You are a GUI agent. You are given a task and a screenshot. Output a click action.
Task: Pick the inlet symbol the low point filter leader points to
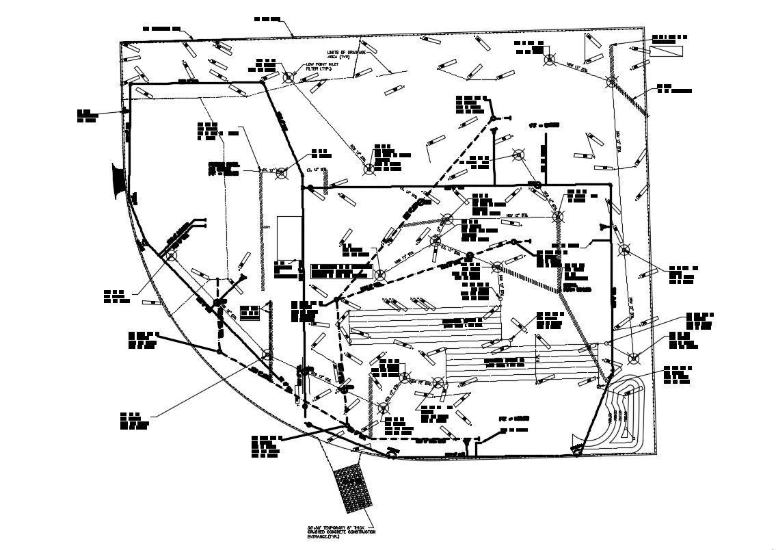click(x=288, y=78)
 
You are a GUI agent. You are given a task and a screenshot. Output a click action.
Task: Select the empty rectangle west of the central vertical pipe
click(x=287, y=239)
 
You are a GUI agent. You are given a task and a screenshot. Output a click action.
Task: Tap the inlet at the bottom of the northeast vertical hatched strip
click(x=611, y=82)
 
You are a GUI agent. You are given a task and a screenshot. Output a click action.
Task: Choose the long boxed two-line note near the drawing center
click(x=341, y=270)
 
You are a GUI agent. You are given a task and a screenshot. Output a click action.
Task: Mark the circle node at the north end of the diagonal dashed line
click(x=492, y=119)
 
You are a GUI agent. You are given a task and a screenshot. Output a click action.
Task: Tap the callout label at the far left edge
click(x=86, y=115)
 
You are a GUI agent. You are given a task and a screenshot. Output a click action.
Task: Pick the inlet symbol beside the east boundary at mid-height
click(x=624, y=249)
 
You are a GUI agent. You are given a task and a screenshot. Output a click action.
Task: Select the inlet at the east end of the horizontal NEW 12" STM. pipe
click(x=558, y=217)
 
